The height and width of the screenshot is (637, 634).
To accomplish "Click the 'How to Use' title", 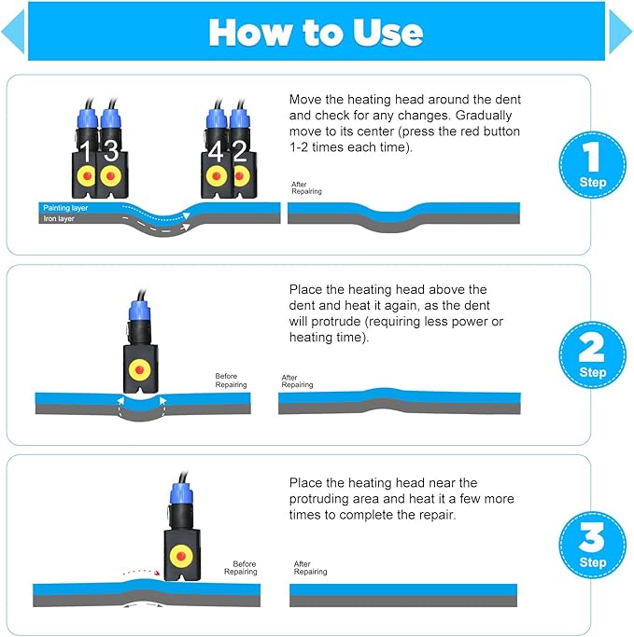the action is [x=316, y=33].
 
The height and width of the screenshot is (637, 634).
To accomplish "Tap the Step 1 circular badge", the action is [x=593, y=164].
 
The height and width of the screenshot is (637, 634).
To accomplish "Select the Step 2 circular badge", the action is [x=593, y=354].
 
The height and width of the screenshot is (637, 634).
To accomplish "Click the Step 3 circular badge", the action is [x=593, y=545].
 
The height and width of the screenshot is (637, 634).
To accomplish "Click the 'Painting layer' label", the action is [x=65, y=208].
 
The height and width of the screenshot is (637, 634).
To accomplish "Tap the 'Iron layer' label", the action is [x=59, y=218].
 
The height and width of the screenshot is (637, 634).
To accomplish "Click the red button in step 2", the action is [x=139, y=369].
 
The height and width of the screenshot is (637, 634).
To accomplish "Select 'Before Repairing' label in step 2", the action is [x=231, y=381].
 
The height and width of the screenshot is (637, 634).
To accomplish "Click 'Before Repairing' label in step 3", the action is [x=241, y=568].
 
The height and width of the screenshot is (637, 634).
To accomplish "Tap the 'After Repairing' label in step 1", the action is [x=306, y=187].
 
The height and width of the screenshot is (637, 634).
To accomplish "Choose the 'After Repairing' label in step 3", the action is [x=310, y=568].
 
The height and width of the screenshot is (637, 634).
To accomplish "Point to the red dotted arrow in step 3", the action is [x=142, y=573].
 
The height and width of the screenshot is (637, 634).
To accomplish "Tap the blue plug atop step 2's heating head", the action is [x=139, y=311].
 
